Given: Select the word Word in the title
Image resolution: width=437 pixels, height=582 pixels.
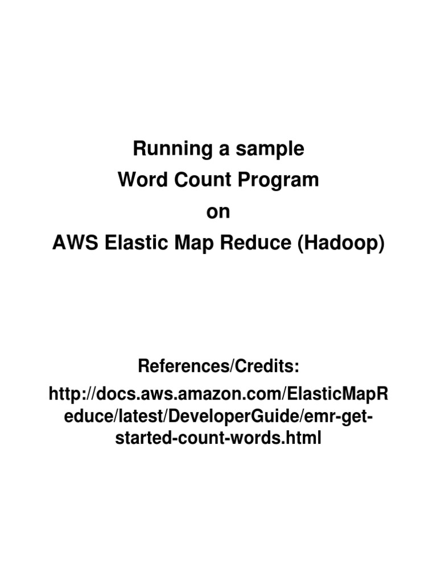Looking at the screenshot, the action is click(137, 181).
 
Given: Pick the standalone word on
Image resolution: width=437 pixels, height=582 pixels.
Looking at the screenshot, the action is click(218, 212).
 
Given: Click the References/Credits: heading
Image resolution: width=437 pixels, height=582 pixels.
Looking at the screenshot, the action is click(218, 367).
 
